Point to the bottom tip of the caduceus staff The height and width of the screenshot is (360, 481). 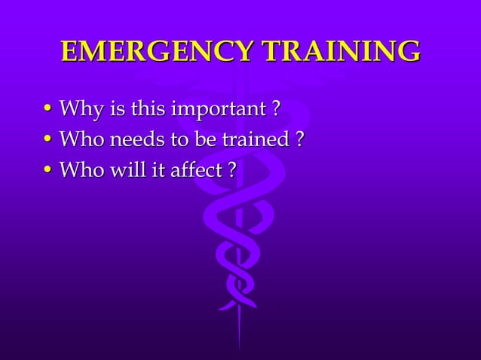(x=240, y=348)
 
